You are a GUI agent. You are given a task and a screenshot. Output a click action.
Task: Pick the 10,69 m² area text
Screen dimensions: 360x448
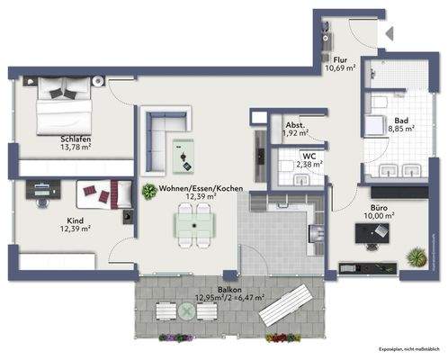(341, 67)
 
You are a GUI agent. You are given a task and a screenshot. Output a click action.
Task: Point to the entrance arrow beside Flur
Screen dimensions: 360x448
(389, 33)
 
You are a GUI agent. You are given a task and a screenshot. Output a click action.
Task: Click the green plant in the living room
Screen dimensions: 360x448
(148, 191)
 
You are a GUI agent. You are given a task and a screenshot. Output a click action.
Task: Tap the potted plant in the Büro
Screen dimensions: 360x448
(416, 257)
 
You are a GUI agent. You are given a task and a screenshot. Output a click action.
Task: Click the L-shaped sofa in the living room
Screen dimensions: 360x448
(162, 135)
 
